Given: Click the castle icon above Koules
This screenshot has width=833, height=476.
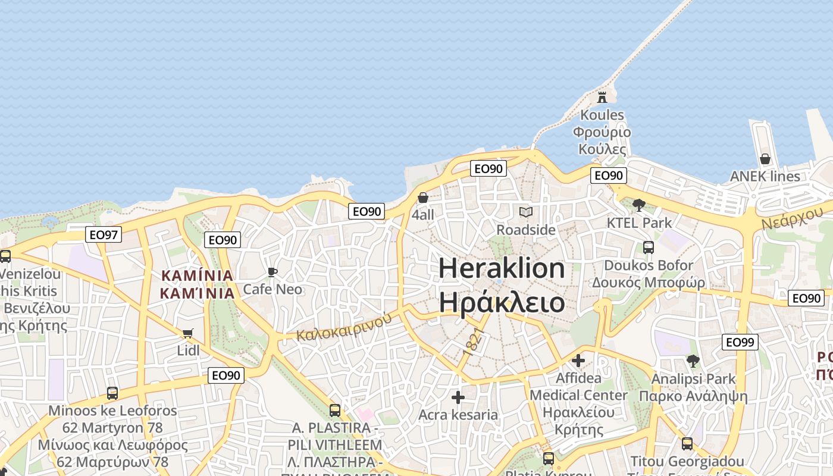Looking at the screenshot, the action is [x=602, y=97].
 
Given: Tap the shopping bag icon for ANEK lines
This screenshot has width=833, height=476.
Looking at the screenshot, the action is [x=765, y=159].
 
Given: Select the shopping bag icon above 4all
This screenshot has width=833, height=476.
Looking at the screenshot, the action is [x=423, y=197].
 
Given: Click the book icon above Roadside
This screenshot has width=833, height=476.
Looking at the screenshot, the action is [x=526, y=212].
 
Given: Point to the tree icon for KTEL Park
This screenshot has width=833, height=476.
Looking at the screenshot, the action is [x=639, y=205].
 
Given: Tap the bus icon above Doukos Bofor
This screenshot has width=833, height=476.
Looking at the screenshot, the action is [x=649, y=248].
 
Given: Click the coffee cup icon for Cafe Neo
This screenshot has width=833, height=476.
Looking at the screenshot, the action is [x=273, y=272].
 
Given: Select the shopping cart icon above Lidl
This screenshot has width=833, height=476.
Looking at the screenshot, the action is [x=188, y=333].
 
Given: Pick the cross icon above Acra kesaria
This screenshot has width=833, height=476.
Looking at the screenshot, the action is [x=458, y=397].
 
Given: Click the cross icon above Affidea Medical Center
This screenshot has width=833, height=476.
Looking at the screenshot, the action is [x=578, y=360].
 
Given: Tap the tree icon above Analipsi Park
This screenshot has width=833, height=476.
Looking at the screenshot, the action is [x=693, y=361].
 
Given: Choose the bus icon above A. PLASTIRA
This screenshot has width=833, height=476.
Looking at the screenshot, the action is [x=335, y=410].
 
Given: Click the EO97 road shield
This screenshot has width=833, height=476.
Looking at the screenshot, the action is [x=104, y=234].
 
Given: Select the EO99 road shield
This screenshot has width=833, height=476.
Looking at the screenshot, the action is [x=740, y=342].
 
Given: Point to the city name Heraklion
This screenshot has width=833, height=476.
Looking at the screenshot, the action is [x=502, y=268].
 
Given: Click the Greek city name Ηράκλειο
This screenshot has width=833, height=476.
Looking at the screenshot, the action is [x=502, y=302].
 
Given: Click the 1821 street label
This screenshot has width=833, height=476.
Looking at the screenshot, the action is [x=471, y=342].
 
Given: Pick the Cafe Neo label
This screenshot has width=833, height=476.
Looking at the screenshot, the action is [x=273, y=290].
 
